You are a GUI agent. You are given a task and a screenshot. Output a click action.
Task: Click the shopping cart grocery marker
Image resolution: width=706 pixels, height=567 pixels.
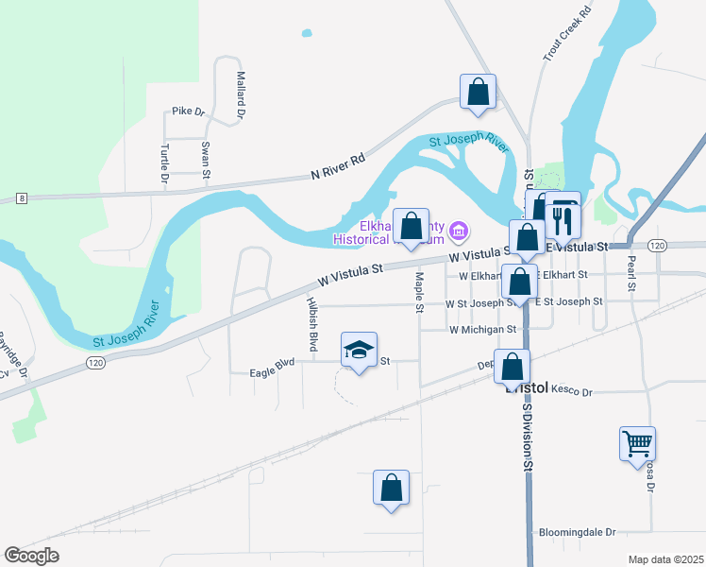coord(638,442)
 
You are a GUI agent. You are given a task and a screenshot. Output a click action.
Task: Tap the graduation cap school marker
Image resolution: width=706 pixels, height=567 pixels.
coord(359,351)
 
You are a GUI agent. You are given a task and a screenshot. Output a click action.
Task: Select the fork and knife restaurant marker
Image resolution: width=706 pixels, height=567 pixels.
coord(563,218)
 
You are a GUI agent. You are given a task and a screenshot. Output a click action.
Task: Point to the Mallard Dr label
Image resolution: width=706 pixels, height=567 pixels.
coord(241,94)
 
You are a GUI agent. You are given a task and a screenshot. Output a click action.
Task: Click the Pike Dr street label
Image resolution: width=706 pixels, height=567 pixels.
coord(188,112)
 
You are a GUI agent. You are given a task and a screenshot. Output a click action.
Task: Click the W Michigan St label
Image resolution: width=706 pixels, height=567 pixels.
coord(483,330)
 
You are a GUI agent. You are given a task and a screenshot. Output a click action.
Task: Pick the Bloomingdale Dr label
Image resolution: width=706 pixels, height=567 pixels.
coord(576,533)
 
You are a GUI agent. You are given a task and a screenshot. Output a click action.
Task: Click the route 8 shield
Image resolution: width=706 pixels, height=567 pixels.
coord(22,198)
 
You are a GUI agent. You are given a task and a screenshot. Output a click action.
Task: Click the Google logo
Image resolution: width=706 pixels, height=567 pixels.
coord(31,555)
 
